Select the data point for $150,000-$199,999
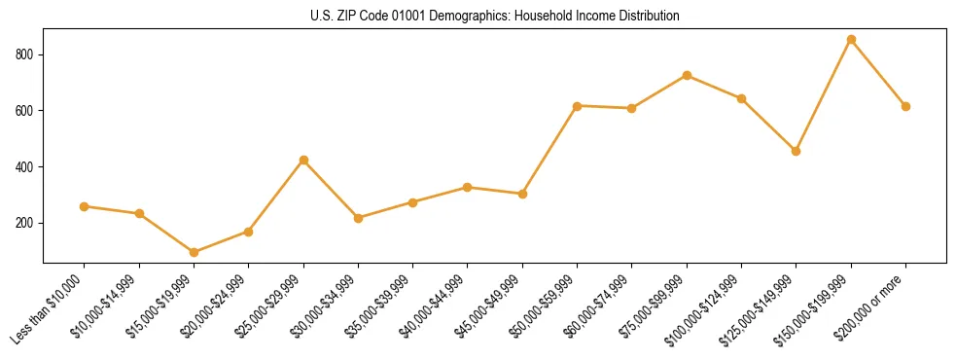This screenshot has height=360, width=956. click(x=851, y=40)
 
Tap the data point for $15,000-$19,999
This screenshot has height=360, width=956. click(x=194, y=252)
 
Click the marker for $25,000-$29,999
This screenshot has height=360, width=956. click(x=303, y=160)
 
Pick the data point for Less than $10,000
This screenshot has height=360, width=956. click(x=84, y=206)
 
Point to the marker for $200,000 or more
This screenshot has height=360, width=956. click(x=905, y=106)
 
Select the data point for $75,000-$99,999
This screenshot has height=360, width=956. click(x=687, y=75)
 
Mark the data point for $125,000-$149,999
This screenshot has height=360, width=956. click(x=796, y=151)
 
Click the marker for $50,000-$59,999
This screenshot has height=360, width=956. click(x=577, y=106)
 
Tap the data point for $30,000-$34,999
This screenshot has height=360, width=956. click(x=358, y=218)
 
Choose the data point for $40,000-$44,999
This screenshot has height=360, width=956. click(x=468, y=187)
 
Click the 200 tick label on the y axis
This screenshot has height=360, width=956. click(x=27, y=223)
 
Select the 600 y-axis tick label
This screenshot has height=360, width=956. click(x=27, y=111)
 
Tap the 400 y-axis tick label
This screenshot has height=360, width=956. click(x=27, y=167)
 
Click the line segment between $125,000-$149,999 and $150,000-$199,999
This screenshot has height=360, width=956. click(x=824, y=95)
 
